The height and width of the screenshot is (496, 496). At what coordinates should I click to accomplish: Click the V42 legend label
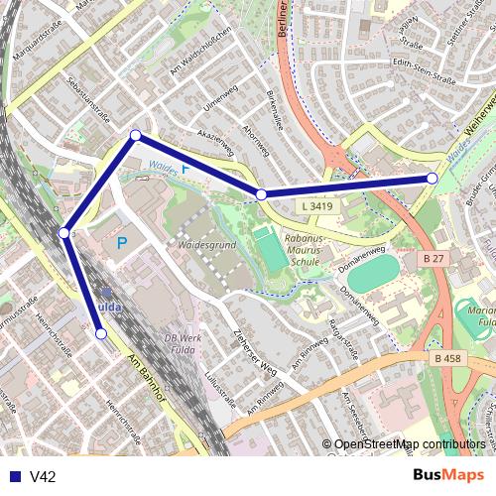pyautogui.click(x=43, y=476)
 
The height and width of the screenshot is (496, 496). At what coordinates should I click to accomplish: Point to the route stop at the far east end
pyautogui.click(x=433, y=178)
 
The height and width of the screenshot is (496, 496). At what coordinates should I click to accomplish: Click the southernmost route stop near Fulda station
pyautogui.click(x=100, y=334)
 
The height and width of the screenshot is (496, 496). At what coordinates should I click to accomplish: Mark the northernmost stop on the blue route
pyautogui.click(x=135, y=136)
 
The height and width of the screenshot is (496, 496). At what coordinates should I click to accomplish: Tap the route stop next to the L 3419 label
pyautogui.click(x=261, y=195)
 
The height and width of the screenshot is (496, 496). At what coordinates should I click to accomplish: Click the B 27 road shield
pyautogui.click(x=433, y=258)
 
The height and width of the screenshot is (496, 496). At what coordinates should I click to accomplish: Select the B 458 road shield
pyautogui.click(x=448, y=358)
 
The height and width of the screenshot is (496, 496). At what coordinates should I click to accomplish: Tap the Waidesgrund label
pyautogui.click(x=205, y=242)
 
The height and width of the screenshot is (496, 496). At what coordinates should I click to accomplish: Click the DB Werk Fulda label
pyautogui.click(x=185, y=342)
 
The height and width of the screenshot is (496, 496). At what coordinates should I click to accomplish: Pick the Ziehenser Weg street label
pyautogui.click(x=252, y=351)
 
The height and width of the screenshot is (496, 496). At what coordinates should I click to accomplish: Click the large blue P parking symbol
pyautogui.click(x=121, y=243)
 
